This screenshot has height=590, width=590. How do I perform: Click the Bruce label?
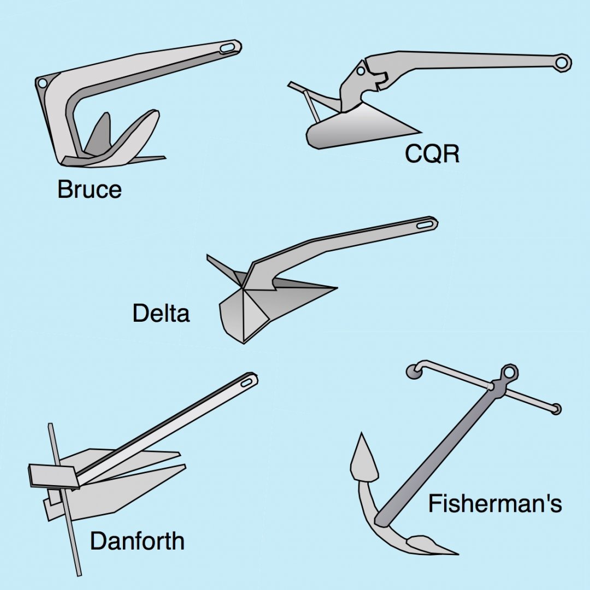pyautogui.click(x=89, y=190)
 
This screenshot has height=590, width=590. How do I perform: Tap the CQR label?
pyautogui.click(x=432, y=155)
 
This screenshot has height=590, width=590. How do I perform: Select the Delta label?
pyautogui.click(x=161, y=314)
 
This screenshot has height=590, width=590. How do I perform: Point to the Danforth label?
pyautogui.click(x=137, y=541)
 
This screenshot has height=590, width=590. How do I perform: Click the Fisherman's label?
pyautogui.click(x=494, y=503)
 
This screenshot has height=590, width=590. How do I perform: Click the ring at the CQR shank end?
pyautogui.click(x=561, y=62)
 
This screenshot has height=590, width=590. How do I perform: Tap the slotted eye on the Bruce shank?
pyautogui.click(x=227, y=48)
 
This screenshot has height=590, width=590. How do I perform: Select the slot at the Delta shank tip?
pyautogui.click(x=424, y=223)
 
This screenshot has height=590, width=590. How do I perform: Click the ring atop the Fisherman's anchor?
pyautogui.click(x=509, y=373)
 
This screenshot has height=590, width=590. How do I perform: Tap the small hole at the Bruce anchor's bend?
pyautogui.click(x=42, y=83)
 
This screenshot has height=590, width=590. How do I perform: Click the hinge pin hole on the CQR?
pyautogui.click(x=361, y=71)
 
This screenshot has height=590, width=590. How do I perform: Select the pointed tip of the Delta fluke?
pyautogui.click(x=334, y=287)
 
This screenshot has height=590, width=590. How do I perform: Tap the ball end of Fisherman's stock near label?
pyautogui.click(x=556, y=409)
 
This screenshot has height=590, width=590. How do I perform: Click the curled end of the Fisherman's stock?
pyautogui.click(x=414, y=371)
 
